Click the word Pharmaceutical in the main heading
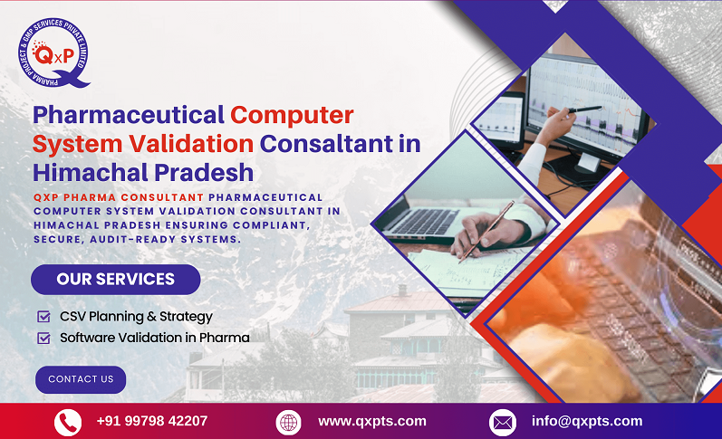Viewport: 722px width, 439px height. pyautogui.click(x=128, y=115)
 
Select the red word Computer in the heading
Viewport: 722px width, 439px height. pyautogui.click(x=291, y=115)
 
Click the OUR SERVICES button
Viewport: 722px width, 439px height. pyautogui.click(x=115, y=279)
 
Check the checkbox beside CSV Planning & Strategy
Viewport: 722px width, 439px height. pyautogui.click(x=43, y=317)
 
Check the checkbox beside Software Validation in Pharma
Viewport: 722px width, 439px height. pyautogui.click(x=43, y=338)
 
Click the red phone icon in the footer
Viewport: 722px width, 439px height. pyautogui.click(x=68, y=422)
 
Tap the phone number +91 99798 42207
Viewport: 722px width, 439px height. pyautogui.click(x=151, y=421)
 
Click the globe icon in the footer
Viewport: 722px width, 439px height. pyautogui.click(x=288, y=422)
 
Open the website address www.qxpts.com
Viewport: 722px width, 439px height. pyautogui.click(x=371, y=421)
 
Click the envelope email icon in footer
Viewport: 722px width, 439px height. pyautogui.click(x=502, y=422)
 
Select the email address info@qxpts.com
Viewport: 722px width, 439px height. pyautogui.click(x=586, y=421)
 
